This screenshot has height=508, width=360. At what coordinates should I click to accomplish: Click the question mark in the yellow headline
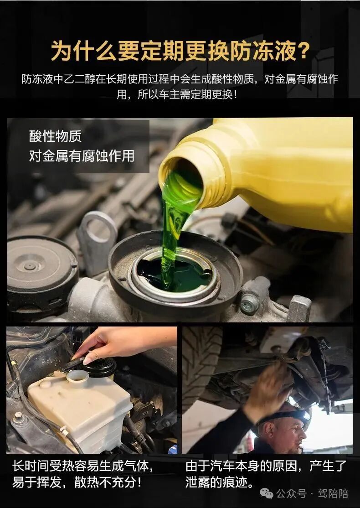(302, 51)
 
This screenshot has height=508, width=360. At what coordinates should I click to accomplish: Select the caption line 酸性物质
(55, 135)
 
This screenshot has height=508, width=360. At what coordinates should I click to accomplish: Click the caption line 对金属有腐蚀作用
(82, 156)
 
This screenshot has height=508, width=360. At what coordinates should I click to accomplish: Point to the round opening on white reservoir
(77, 375)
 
